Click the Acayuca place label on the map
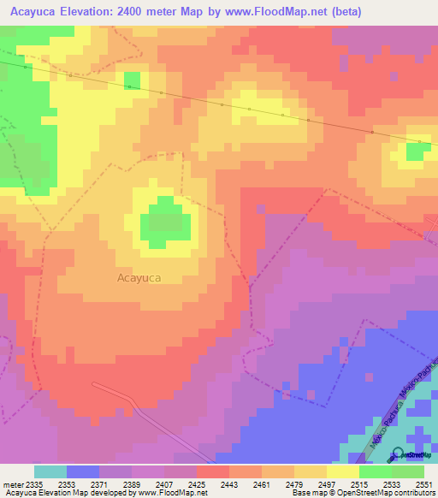click(139, 278)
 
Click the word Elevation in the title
click(98, 11)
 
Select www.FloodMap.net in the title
click(284, 11)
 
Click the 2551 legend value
click(423, 484)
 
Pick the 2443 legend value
click(228, 484)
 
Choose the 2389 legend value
click(132, 484)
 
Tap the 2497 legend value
click(326, 484)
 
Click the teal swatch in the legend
click(50, 471)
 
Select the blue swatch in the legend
click(83, 471)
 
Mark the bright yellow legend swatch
click(342, 471)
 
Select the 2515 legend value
click(358, 484)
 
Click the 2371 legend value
click(99, 484)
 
